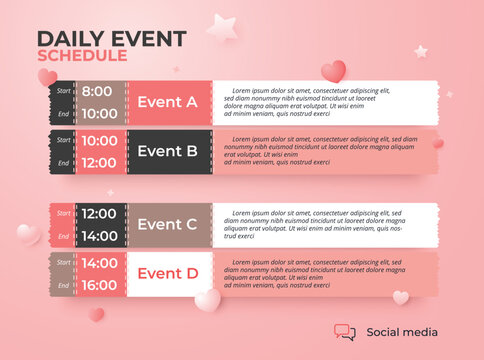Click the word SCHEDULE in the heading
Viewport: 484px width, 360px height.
82,55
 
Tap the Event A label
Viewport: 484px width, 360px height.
167,102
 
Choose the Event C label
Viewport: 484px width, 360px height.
167,224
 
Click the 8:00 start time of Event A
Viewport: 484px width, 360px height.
98,91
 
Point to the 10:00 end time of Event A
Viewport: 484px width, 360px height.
98,113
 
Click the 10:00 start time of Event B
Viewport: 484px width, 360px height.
98,141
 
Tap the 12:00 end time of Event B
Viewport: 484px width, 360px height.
98,163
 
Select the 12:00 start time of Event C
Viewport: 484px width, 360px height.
98,213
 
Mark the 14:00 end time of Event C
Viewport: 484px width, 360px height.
98,236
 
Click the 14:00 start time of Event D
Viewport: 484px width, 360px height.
98,263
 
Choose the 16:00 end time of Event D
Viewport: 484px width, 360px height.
98,285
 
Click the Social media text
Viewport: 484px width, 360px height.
402,332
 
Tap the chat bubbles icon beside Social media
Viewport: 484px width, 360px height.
344,332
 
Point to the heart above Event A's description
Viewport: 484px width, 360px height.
333,71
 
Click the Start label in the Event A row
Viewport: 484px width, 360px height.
63,91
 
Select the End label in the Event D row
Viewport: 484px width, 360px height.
63,285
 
